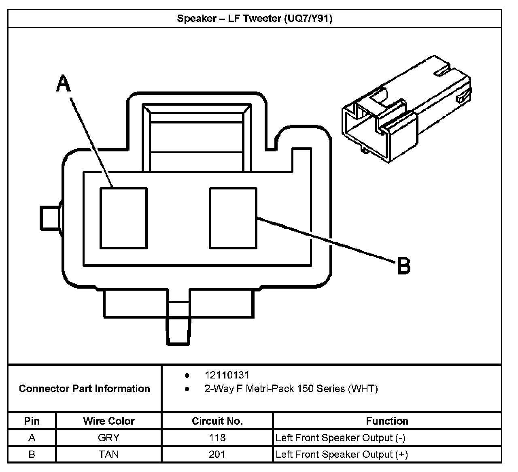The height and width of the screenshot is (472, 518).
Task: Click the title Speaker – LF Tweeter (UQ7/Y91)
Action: pyautogui.click(x=255, y=19)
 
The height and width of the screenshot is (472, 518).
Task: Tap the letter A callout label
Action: pyautogui.click(x=64, y=83)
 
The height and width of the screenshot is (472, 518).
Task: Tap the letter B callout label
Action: pyautogui.click(x=403, y=266)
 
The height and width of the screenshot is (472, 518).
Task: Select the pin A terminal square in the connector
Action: pyautogui.click(x=123, y=218)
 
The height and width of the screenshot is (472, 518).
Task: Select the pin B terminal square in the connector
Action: pyautogui.click(x=233, y=218)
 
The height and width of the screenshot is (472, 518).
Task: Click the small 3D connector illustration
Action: pyautogui.click(x=407, y=109)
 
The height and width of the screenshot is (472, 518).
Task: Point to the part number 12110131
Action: pyautogui.click(x=227, y=375)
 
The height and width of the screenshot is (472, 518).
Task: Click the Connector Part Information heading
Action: pyautogui.click(x=84, y=389)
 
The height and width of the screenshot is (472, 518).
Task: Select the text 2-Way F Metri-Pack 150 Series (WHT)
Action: pyautogui.click(x=291, y=389)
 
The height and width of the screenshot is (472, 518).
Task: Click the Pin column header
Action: pyautogui.click(x=32, y=421)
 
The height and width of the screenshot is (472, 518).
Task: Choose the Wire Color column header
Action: pyautogui.click(x=108, y=421)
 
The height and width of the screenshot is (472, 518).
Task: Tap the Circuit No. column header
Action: pyautogui.click(x=217, y=421)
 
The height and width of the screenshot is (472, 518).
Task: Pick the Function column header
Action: pyautogui.click(x=387, y=421)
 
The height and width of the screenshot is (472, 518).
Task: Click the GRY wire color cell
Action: pyautogui.click(x=108, y=438)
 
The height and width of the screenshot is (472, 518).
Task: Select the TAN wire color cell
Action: pyautogui.click(x=108, y=454)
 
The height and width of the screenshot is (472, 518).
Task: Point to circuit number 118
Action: pyautogui.click(x=217, y=438)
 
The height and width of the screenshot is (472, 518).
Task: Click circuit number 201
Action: pyautogui.click(x=217, y=454)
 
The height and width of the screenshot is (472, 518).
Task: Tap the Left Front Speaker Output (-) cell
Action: pyautogui.click(x=340, y=438)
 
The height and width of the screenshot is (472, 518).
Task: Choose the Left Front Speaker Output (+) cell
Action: pyautogui.click(x=342, y=454)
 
